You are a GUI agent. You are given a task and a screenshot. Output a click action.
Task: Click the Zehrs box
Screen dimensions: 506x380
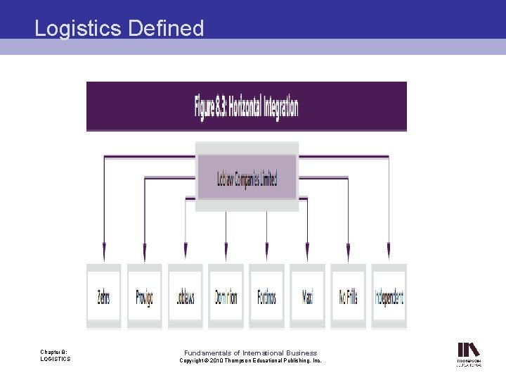pos(103,296)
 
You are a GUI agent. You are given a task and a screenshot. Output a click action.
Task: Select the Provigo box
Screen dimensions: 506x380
pos(144,296)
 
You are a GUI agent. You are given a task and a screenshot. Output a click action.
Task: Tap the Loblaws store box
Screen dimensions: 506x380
pos(186,296)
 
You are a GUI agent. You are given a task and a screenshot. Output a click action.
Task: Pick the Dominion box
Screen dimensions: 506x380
pos(226,296)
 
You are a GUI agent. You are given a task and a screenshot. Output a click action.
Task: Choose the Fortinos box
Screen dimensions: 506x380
pos(266,296)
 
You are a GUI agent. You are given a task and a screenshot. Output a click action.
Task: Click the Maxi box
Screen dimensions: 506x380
pos(308,296)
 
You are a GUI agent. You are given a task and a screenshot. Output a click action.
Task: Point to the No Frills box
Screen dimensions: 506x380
pos(349,296)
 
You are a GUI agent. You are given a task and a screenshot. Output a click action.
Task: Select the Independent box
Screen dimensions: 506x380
pos(389,296)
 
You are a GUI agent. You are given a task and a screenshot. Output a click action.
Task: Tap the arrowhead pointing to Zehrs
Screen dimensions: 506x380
pos(104,252)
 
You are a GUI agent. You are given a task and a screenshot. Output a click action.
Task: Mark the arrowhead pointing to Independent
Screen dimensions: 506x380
pos(389,252)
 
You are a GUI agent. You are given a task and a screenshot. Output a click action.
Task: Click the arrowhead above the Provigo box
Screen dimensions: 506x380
pos(145,252)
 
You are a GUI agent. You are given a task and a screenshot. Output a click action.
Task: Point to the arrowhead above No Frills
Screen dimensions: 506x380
pos(349,252)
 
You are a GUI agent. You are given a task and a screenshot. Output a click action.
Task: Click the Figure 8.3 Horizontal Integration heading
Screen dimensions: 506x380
pos(246,107)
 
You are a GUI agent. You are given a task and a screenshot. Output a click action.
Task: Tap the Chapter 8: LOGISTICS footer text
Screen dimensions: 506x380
pos(55,355)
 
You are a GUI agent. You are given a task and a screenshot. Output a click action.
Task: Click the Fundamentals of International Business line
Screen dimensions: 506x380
pos(250,353)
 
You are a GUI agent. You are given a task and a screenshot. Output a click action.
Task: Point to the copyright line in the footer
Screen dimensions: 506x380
pos(250,360)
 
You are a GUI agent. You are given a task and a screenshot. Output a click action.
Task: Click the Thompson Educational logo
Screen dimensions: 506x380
pos(469,354)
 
